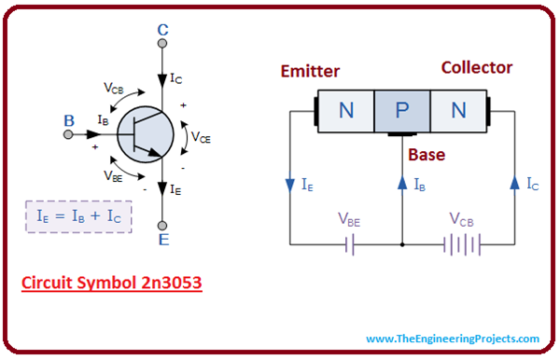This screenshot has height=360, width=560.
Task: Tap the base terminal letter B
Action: click(67, 119)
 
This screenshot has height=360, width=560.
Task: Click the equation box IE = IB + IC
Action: click(78, 217)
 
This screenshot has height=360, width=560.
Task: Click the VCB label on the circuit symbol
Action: click(115, 89)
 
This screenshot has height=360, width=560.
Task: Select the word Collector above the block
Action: click(476, 68)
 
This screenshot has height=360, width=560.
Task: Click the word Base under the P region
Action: click(426, 155)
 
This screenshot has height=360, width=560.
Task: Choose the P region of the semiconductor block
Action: click(402, 111)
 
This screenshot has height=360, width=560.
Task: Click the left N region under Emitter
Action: click(346, 111)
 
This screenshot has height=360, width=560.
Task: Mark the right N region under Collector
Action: click(458, 111)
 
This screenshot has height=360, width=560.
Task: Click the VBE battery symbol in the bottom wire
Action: click(347, 245)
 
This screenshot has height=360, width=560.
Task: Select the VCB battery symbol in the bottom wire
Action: click(457, 245)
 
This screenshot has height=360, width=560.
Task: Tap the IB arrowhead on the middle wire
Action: click(402, 183)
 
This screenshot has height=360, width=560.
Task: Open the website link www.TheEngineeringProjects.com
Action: click(453, 339)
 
